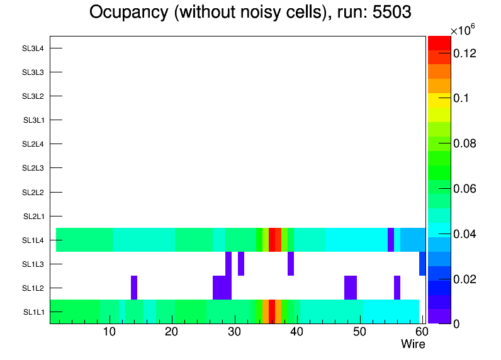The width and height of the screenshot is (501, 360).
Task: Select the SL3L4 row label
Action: pyautogui.click(x=33, y=48)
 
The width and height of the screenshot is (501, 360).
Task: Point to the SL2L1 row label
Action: pyautogui.click(x=33, y=217)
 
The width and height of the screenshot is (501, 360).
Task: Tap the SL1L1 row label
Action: pyautogui.click(x=33, y=312)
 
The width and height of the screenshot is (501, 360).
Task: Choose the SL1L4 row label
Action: pyautogui.click(x=33, y=240)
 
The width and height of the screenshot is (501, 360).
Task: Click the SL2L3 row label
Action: pyautogui.click(x=33, y=168)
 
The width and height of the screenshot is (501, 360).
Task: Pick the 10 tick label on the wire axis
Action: pyautogui.click(x=110, y=332)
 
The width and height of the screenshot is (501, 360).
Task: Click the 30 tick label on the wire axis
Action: pyautogui.click(x=234, y=332)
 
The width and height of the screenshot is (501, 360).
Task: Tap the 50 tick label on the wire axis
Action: pyautogui.click(x=359, y=332)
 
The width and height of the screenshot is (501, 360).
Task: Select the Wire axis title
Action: pyautogui.click(x=413, y=344)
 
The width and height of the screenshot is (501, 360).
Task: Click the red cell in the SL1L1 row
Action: pyautogui.click(x=272, y=312)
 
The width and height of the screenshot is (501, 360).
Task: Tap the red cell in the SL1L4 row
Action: pyautogui.click(x=272, y=240)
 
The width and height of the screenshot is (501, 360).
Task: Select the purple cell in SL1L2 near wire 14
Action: pyautogui.click(x=134, y=288)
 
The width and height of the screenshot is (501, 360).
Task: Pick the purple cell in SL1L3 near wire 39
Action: pyautogui.click(x=291, y=264)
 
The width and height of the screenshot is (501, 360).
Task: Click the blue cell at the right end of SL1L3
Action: pyautogui.click(x=422, y=264)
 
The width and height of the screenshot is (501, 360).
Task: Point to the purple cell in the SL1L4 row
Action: pyautogui.click(x=391, y=240)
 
